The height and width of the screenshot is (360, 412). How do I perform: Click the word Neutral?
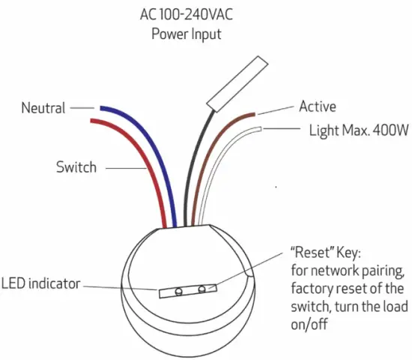(43, 108)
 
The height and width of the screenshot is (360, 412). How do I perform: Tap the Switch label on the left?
(76, 166)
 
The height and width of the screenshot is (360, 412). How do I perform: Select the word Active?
(318, 106)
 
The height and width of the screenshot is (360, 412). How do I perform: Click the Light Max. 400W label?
(358, 130)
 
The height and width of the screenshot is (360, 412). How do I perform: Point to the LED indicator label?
(40, 283)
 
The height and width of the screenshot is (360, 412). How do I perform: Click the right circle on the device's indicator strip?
(202, 288)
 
